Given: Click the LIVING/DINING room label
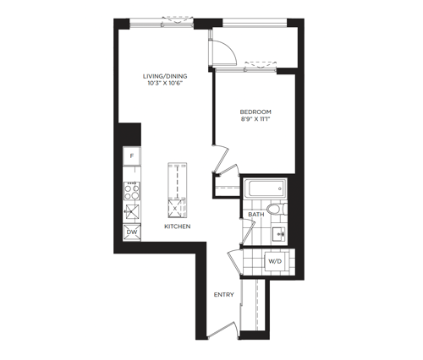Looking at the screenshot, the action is [x=165, y=76].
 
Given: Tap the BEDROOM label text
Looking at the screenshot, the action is [x=255, y=112].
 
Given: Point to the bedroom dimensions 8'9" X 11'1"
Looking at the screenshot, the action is [x=255, y=119].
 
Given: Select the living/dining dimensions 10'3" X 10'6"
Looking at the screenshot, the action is [x=165, y=83].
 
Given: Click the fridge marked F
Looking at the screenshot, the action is [x=132, y=155].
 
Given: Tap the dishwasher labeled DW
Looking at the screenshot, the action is [x=132, y=232].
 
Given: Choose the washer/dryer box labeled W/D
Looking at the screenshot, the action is [x=275, y=261].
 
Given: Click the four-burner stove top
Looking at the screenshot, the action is [x=132, y=191].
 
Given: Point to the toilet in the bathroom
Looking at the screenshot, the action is [x=277, y=209].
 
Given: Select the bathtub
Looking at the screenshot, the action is [x=265, y=188].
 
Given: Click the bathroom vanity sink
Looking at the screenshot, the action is [x=279, y=234].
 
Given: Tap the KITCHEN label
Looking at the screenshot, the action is [x=178, y=226].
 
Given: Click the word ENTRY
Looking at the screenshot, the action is [x=224, y=295].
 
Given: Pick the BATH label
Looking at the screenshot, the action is [x=256, y=215].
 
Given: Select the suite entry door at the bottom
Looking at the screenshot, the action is [x=222, y=330].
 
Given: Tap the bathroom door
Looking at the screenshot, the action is [x=248, y=232].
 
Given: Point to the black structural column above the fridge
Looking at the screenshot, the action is [x=129, y=134].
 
